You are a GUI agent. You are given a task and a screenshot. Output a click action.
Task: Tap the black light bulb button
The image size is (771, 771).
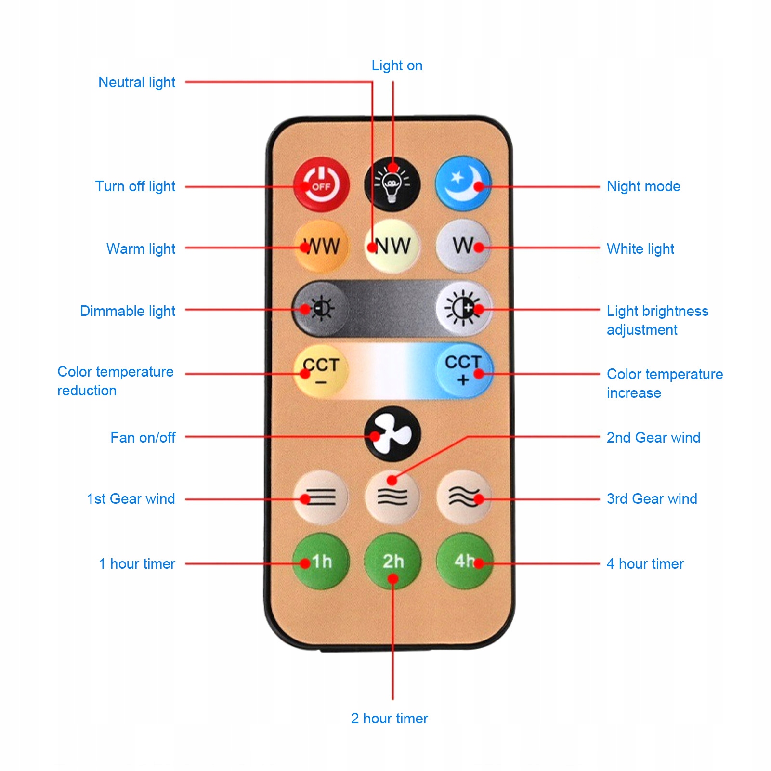392,184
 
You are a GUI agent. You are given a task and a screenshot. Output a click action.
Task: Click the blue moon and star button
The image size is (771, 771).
463,184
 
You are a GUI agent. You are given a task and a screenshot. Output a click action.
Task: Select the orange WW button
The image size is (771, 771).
321,247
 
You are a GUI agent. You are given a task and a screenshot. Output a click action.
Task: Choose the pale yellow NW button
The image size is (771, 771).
392,247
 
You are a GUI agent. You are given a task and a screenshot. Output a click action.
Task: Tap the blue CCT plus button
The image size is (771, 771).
464,370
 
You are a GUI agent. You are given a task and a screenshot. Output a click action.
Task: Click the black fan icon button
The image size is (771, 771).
392,434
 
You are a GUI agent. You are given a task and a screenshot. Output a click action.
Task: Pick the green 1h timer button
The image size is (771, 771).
321,561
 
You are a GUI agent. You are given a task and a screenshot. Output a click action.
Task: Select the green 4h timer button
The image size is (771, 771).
464,561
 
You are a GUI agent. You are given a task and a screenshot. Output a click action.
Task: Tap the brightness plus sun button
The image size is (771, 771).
463,308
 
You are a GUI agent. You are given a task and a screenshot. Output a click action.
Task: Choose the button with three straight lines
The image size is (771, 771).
321,497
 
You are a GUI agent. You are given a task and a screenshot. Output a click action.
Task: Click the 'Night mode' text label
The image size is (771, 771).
643,186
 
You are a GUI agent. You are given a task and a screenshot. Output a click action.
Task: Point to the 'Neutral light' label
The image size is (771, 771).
137,82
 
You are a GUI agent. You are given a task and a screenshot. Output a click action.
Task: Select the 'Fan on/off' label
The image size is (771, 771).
143,438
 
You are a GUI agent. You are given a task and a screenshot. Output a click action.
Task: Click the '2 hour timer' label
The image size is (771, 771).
389,719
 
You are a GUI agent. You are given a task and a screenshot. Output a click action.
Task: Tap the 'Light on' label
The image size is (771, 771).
397,65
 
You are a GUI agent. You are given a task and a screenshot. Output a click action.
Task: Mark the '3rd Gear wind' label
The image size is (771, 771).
652,499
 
